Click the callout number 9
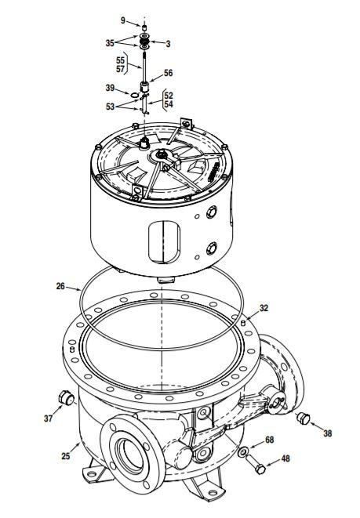122,19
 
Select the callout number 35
110,42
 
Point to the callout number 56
168,73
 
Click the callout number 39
111,89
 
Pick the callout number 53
110,106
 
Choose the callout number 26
60,287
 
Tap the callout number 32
264,308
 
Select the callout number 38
327,433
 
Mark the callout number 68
269,440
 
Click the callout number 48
285,459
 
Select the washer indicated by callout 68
245,453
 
